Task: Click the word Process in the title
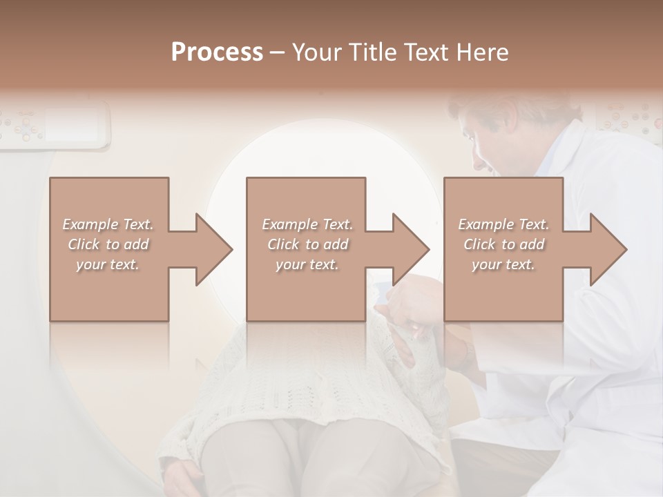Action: click(x=217, y=52)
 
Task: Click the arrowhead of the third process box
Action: click(x=607, y=249)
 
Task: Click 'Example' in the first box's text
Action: click(x=90, y=224)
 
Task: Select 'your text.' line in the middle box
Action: click(x=307, y=264)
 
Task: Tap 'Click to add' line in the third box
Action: click(x=503, y=244)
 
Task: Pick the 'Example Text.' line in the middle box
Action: click(x=307, y=224)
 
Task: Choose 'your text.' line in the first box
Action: click(x=108, y=264)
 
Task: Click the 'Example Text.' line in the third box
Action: click(x=503, y=224)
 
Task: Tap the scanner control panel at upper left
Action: click(x=55, y=124)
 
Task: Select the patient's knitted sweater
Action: click(x=276, y=387)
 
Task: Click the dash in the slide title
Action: click(x=277, y=53)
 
